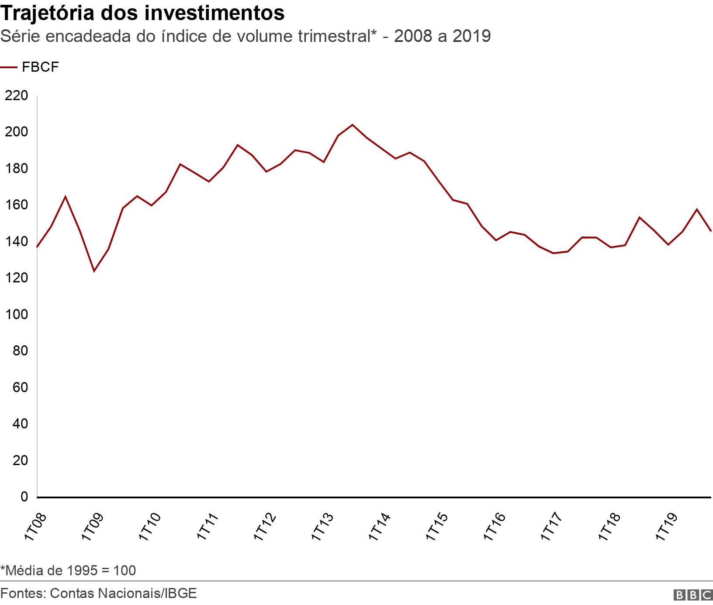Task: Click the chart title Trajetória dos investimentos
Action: tap(142, 13)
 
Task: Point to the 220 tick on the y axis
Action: tap(16, 95)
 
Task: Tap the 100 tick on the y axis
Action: tap(16, 314)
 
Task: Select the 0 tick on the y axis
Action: tap(24, 497)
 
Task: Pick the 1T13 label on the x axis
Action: tap(323, 527)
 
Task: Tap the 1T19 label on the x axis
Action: tap(667, 527)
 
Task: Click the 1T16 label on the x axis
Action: tap(495, 527)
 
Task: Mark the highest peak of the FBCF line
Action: tap(353, 125)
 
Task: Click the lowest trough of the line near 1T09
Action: tap(93, 271)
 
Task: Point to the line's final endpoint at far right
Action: tap(711, 231)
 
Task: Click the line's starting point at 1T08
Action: tap(37, 247)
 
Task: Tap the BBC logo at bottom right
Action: tap(693, 595)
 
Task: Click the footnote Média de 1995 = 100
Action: tap(68, 570)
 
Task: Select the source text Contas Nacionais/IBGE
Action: tap(123, 593)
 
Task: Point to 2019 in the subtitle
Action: tap(471, 36)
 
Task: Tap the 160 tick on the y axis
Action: tap(16, 205)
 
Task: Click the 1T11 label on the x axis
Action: tap(208, 527)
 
